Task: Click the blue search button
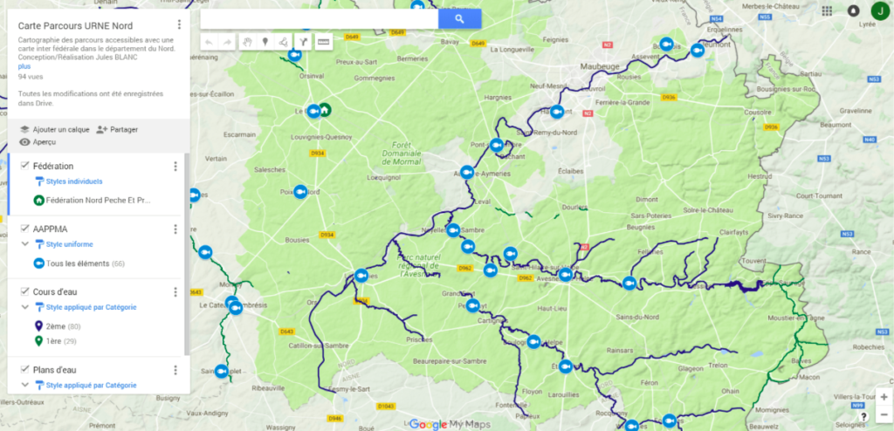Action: pos(459,18)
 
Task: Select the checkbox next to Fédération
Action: pos(24,166)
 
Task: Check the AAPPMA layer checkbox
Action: pos(24,229)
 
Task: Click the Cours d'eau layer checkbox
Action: pos(24,291)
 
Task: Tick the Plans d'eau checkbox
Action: pos(24,369)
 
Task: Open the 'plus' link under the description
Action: pos(24,66)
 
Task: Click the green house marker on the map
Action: pos(325,110)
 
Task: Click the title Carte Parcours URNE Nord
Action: pos(75,25)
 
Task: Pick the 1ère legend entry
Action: pos(53,341)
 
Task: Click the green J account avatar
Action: pos(879,10)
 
